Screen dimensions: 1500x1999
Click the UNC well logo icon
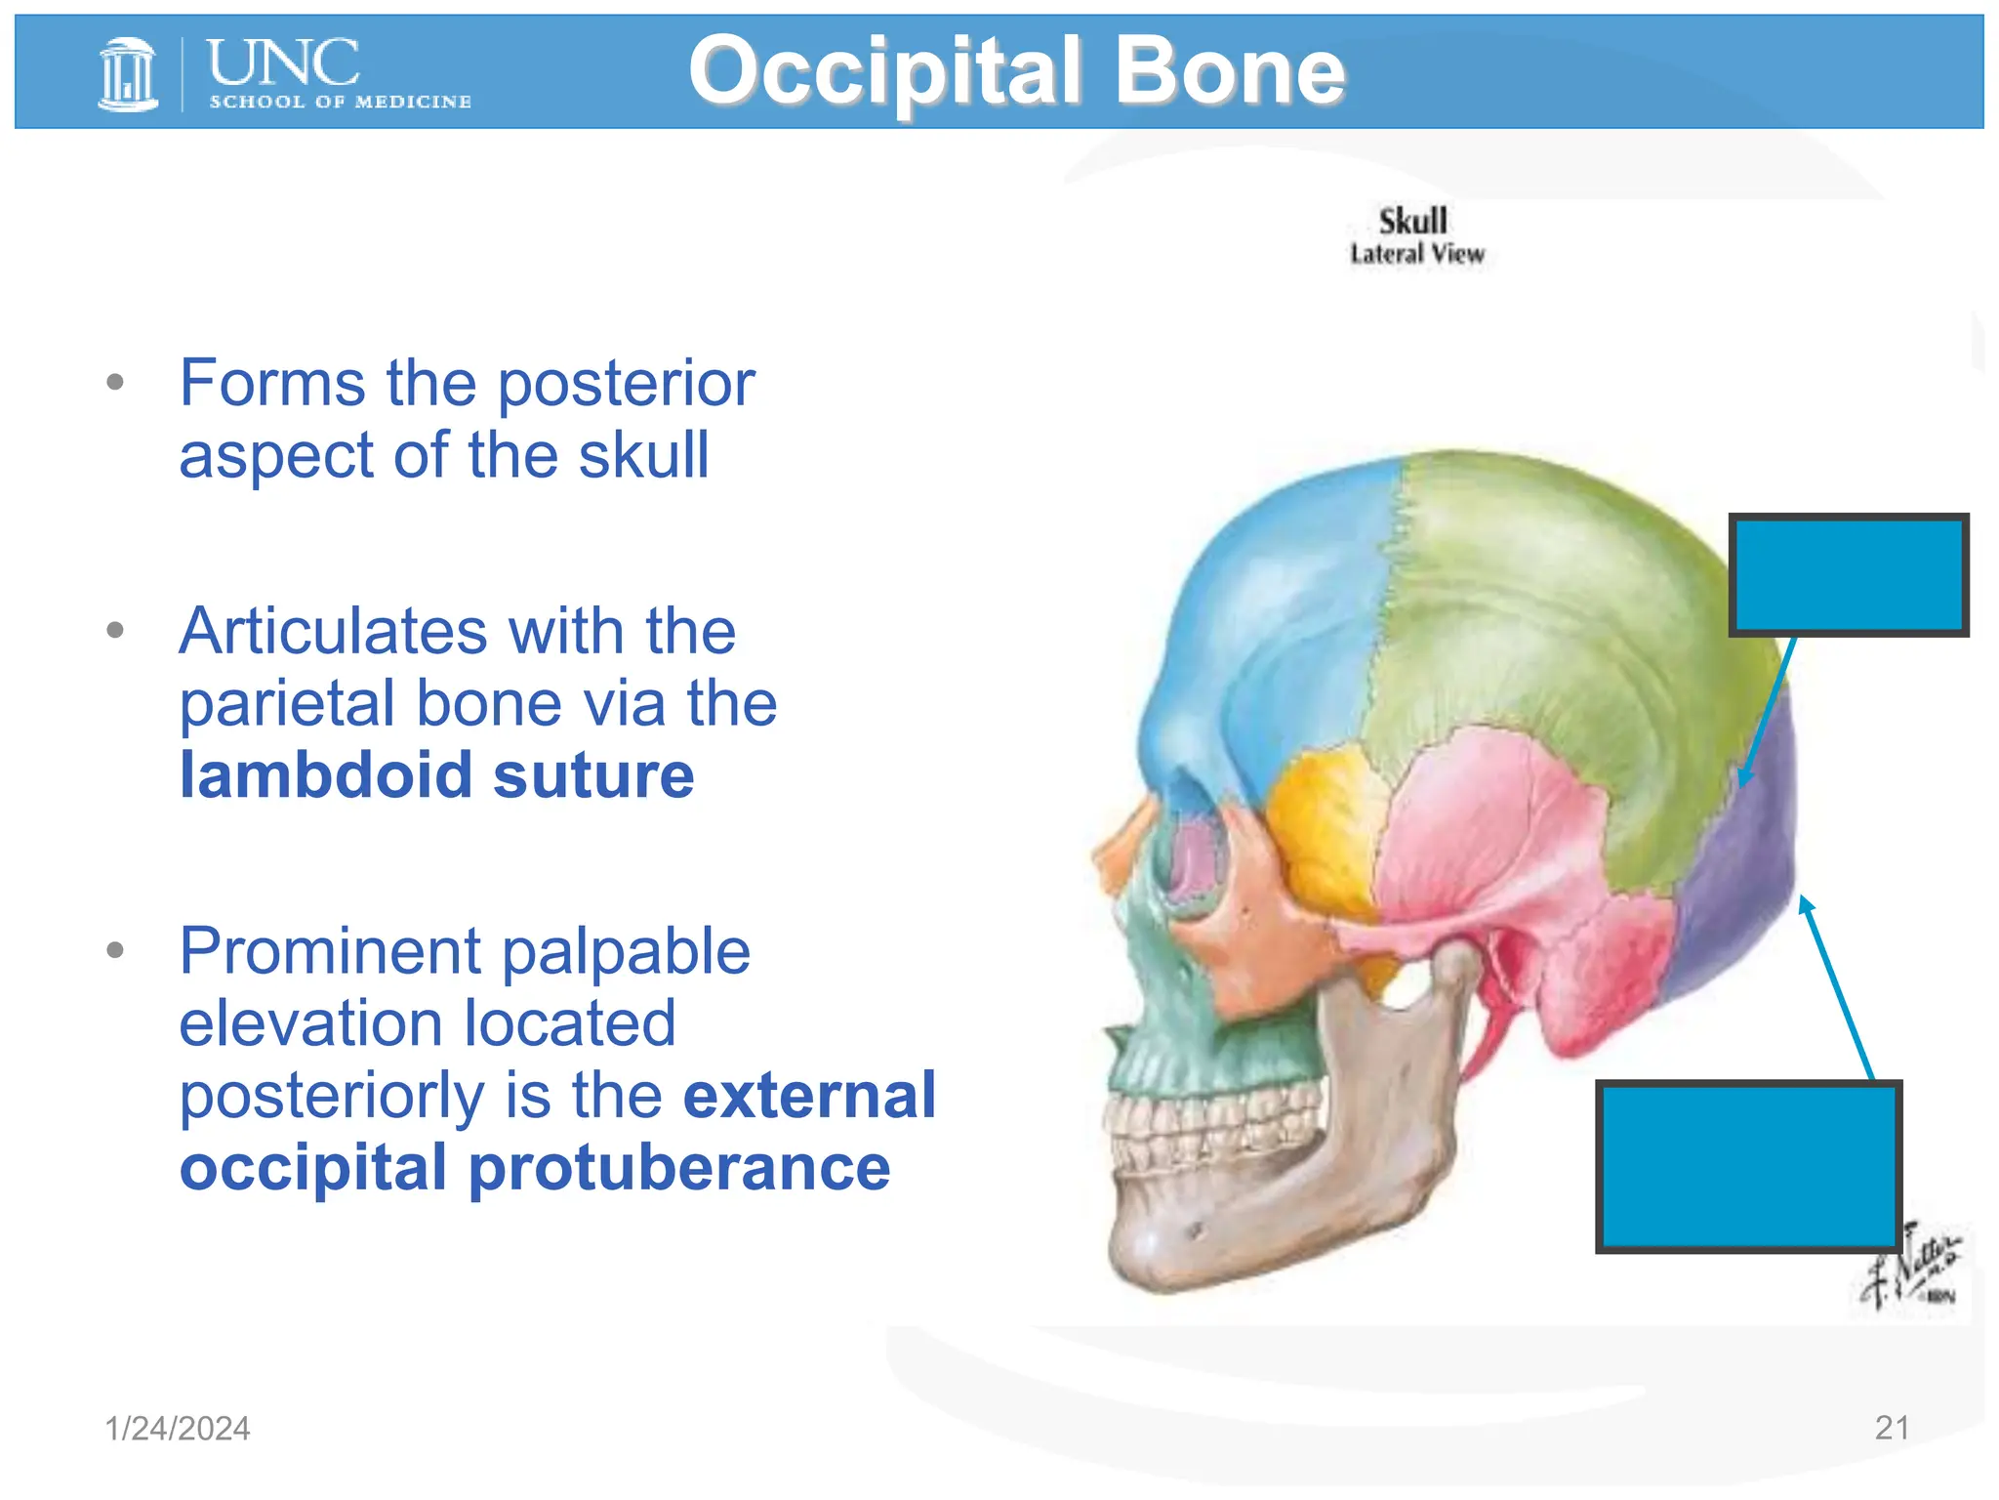pos(128,74)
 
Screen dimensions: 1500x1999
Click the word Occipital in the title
pos(884,70)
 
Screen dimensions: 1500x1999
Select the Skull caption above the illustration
pos(1412,221)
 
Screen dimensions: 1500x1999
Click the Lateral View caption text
pos(1416,254)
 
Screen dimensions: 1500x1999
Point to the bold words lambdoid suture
pos(436,775)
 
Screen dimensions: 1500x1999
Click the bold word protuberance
pos(679,1168)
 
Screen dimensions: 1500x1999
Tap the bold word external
pos(809,1095)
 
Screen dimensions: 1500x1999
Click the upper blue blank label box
pos(1848,575)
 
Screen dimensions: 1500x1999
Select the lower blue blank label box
pos(1748,1166)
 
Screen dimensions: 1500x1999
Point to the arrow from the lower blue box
pos(1836,986)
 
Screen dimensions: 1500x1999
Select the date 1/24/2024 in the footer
pos(177,1429)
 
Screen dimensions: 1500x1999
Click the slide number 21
pos(1891,1428)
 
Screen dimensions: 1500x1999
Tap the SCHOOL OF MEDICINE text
pos(340,102)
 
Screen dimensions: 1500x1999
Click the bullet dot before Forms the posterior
pos(115,382)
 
